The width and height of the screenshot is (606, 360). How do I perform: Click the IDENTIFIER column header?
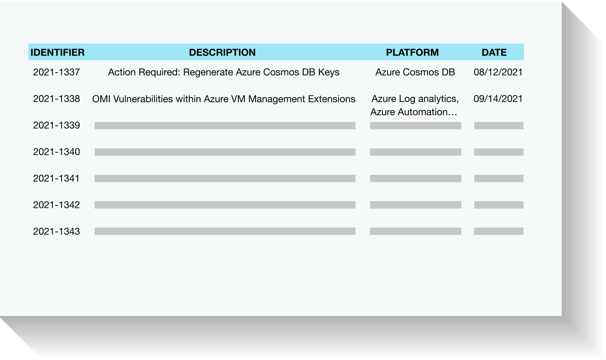(57, 52)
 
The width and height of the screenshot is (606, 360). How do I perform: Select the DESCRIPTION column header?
(222, 52)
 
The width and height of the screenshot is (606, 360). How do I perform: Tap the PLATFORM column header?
(412, 52)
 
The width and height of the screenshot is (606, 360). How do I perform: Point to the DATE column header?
(494, 52)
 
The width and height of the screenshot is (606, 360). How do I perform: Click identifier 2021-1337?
(56, 72)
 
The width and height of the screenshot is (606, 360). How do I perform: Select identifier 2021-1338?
(56, 99)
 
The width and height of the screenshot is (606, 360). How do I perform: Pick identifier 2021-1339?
(56, 125)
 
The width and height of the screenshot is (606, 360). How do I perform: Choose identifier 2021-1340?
(56, 152)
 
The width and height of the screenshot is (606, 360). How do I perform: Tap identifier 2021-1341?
(56, 178)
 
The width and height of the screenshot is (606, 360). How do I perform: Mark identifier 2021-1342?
(56, 205)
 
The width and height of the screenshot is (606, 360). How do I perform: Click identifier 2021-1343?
(56, 231)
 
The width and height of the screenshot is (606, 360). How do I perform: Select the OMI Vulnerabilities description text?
(224, 99)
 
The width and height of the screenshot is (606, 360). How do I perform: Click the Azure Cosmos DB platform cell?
(415, 72)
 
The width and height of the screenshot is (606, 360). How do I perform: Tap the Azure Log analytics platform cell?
(415, 105)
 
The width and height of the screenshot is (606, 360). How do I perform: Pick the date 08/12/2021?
(498, 72)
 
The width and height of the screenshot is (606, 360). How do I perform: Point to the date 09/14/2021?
(498, 99)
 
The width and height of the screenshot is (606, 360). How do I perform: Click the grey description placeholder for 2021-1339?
(225, 126)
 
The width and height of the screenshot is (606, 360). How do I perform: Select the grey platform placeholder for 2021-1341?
(416, 178)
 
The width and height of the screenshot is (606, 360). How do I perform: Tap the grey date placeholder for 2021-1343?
(499, 231)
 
